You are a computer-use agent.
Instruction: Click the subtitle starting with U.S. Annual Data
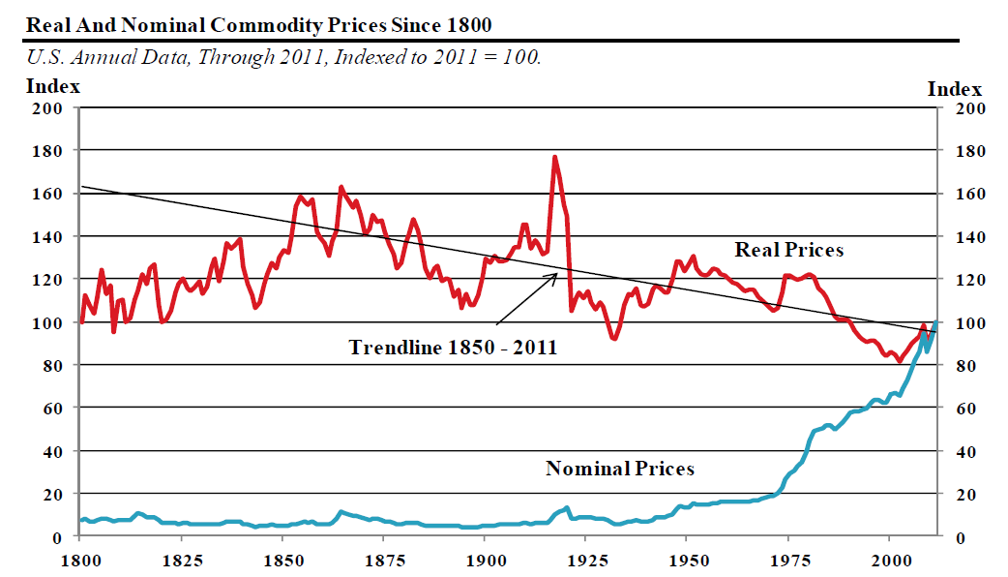(x=283, y=57)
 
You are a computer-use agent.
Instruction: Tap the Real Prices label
(x=789, y=250)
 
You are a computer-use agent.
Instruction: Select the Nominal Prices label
(x=620, y=469)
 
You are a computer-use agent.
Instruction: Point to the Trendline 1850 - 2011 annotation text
(x=453, y=347)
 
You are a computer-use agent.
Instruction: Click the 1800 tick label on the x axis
(x=81, y=560)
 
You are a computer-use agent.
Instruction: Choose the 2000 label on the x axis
(x=890, y=560)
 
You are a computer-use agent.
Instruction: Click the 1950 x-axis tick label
(x=688, y=560)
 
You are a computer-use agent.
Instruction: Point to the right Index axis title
(x=955, y=89)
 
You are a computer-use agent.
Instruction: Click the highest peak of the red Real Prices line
(x=554, y=157)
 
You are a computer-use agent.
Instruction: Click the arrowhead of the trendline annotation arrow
(x=558, y=275)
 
